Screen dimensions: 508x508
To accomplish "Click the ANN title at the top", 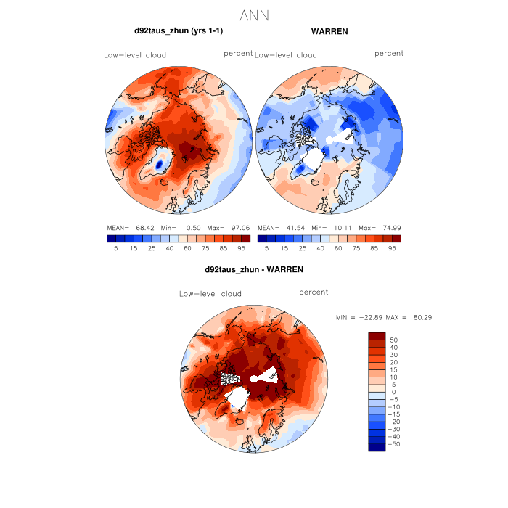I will (254, 15).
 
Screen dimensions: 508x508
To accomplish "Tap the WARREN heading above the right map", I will (329, 31).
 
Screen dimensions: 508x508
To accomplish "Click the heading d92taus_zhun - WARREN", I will (254, 269).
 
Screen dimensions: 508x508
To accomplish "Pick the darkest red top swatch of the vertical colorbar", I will (377, 336).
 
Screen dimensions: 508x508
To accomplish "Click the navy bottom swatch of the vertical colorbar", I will (377, 446).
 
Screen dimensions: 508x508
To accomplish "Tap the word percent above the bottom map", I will (314, 292).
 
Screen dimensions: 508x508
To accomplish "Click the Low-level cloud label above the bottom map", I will (210, 294).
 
